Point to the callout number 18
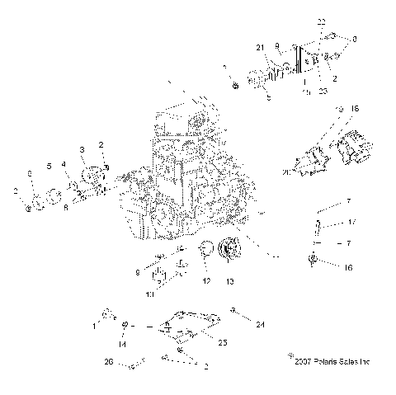[356, 108]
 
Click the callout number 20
[286, 173]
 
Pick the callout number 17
[351, 222]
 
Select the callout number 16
[348, 268]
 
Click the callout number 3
[82, 148]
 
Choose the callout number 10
[149, 293]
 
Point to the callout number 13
[229, 282]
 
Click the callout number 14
[123, 345]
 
